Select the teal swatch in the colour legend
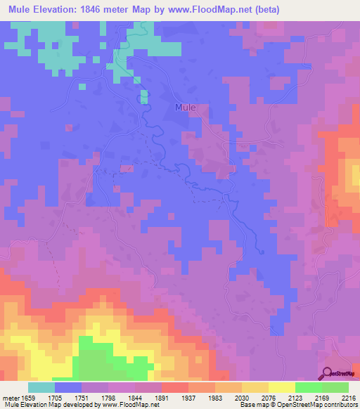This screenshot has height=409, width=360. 41,387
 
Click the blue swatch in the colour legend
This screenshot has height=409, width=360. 68,387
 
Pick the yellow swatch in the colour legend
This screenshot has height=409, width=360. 281,387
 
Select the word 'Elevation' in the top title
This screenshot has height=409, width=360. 62,10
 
